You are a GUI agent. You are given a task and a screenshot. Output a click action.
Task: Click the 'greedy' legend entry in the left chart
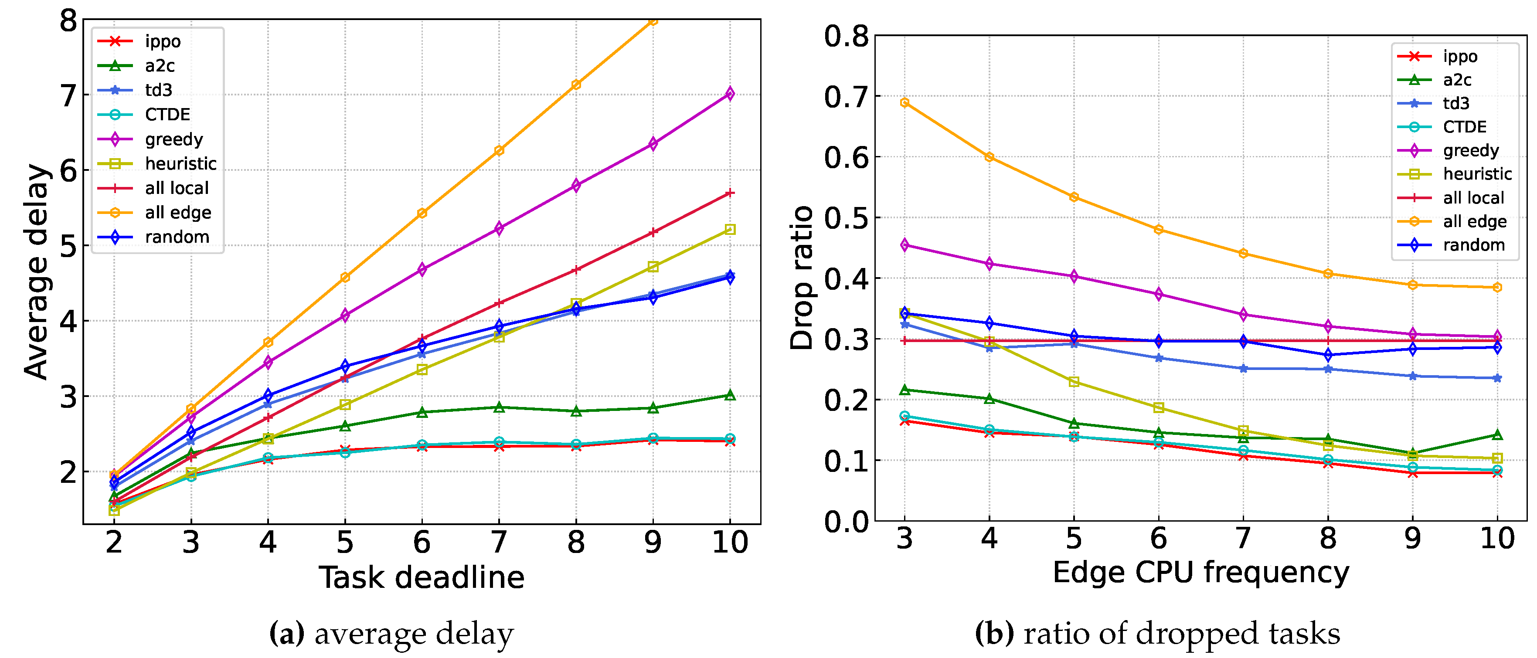(173, 139)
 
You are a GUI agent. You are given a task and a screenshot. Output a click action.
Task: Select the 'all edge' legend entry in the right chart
(1474, 221)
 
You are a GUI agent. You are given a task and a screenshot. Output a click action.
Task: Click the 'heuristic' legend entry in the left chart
(180, 163)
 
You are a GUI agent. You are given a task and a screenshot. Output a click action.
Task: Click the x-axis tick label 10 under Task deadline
(730, 542)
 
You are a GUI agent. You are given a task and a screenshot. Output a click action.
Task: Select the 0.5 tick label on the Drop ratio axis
(846, 218)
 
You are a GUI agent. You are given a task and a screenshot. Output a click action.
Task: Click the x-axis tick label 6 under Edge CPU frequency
(1158, 539)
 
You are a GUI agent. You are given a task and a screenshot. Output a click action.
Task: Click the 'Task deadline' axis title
(421, 577)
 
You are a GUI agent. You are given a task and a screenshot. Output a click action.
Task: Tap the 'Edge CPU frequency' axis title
(1200, 573)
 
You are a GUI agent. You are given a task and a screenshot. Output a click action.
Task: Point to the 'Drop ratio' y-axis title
(801, 278)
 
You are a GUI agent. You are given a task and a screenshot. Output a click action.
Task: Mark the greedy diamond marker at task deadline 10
(730, 94)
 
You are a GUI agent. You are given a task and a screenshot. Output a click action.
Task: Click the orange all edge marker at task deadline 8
(576, 85)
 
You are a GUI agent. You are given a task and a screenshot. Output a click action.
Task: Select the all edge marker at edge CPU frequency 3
(905, 102)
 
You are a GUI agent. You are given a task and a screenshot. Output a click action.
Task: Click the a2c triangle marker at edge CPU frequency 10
(1497, 435)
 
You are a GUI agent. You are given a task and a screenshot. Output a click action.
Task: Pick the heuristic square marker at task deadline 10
(730, 230)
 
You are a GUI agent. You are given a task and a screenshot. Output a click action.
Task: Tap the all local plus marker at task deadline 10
(730, 193)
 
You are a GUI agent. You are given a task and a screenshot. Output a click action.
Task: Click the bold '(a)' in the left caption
(287, 634)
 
